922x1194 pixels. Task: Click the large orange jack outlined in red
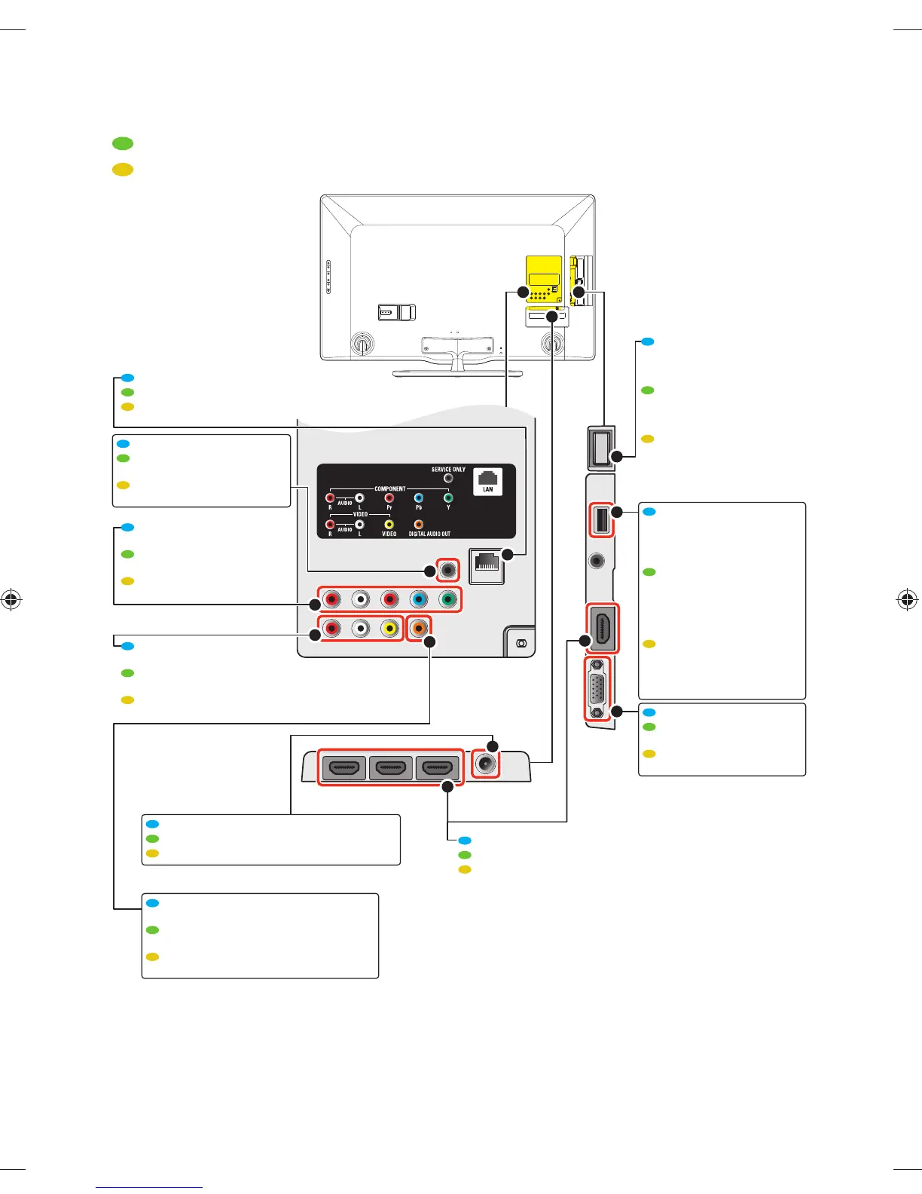(419, 627)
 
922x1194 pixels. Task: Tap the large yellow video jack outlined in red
(389, 627)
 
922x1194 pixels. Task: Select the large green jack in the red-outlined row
(447, 600)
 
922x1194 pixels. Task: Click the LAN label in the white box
(488, 489)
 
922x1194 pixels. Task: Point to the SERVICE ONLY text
(448, 470)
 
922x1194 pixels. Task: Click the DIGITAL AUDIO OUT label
(429, 534)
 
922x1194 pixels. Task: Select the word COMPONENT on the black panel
(389, 488)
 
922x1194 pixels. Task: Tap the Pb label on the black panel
(419, 507)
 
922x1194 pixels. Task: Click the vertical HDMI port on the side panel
(603, 629)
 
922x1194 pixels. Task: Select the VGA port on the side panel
(598, 689)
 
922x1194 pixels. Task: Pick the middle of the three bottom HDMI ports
(390, 768)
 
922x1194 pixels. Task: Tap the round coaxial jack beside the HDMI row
(486, 765)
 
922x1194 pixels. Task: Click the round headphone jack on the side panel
(597, 561)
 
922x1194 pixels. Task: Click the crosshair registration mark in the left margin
(11, 601)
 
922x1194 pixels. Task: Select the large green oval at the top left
(123, 143)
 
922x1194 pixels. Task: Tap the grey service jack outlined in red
(448, 571)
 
